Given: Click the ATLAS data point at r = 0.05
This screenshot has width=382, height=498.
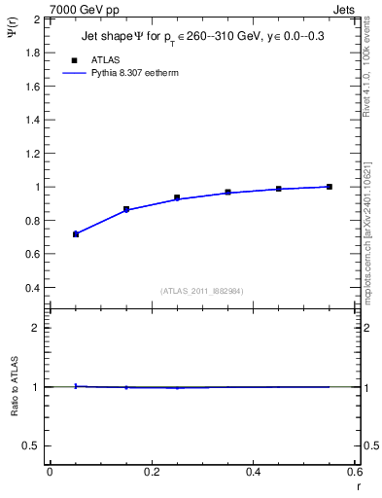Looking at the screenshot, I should (76, 234).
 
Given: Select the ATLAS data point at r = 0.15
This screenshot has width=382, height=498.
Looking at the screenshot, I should (126, 209).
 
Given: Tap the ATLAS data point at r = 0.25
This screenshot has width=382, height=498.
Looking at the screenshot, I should (177, 197).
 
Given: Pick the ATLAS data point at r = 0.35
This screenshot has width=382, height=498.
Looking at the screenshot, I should (228, 193).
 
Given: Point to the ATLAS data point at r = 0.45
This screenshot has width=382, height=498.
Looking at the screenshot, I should (279, 189).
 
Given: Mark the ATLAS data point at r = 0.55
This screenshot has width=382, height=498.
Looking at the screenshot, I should (330, 187).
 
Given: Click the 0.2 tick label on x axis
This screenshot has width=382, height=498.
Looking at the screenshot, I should (151, 473).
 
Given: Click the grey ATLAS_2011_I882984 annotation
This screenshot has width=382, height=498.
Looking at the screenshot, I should (200, 290).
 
